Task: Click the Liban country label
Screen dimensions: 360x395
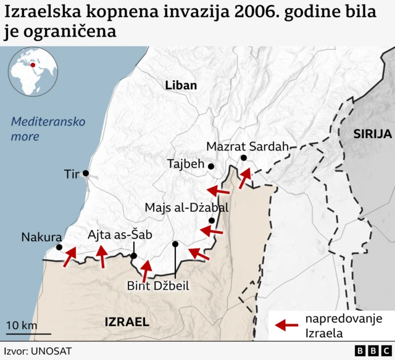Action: click(x=181, y=86)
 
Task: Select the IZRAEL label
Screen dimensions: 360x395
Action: click(x=127, y=321)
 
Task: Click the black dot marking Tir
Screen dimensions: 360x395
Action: click(x=86, y=173)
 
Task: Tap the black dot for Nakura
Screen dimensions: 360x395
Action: click(x=59, y=247)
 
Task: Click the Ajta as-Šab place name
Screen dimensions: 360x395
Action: click(x=120, y=234)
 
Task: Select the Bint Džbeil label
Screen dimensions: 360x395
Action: click(x=158, y=285)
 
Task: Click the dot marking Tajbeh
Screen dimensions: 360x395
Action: click(x=211, y=166)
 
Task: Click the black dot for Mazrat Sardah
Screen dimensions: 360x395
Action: click(x=244, y=158)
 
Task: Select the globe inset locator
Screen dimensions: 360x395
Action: click(x=30, y=72)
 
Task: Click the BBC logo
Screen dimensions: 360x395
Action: click(x=368, y=350)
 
